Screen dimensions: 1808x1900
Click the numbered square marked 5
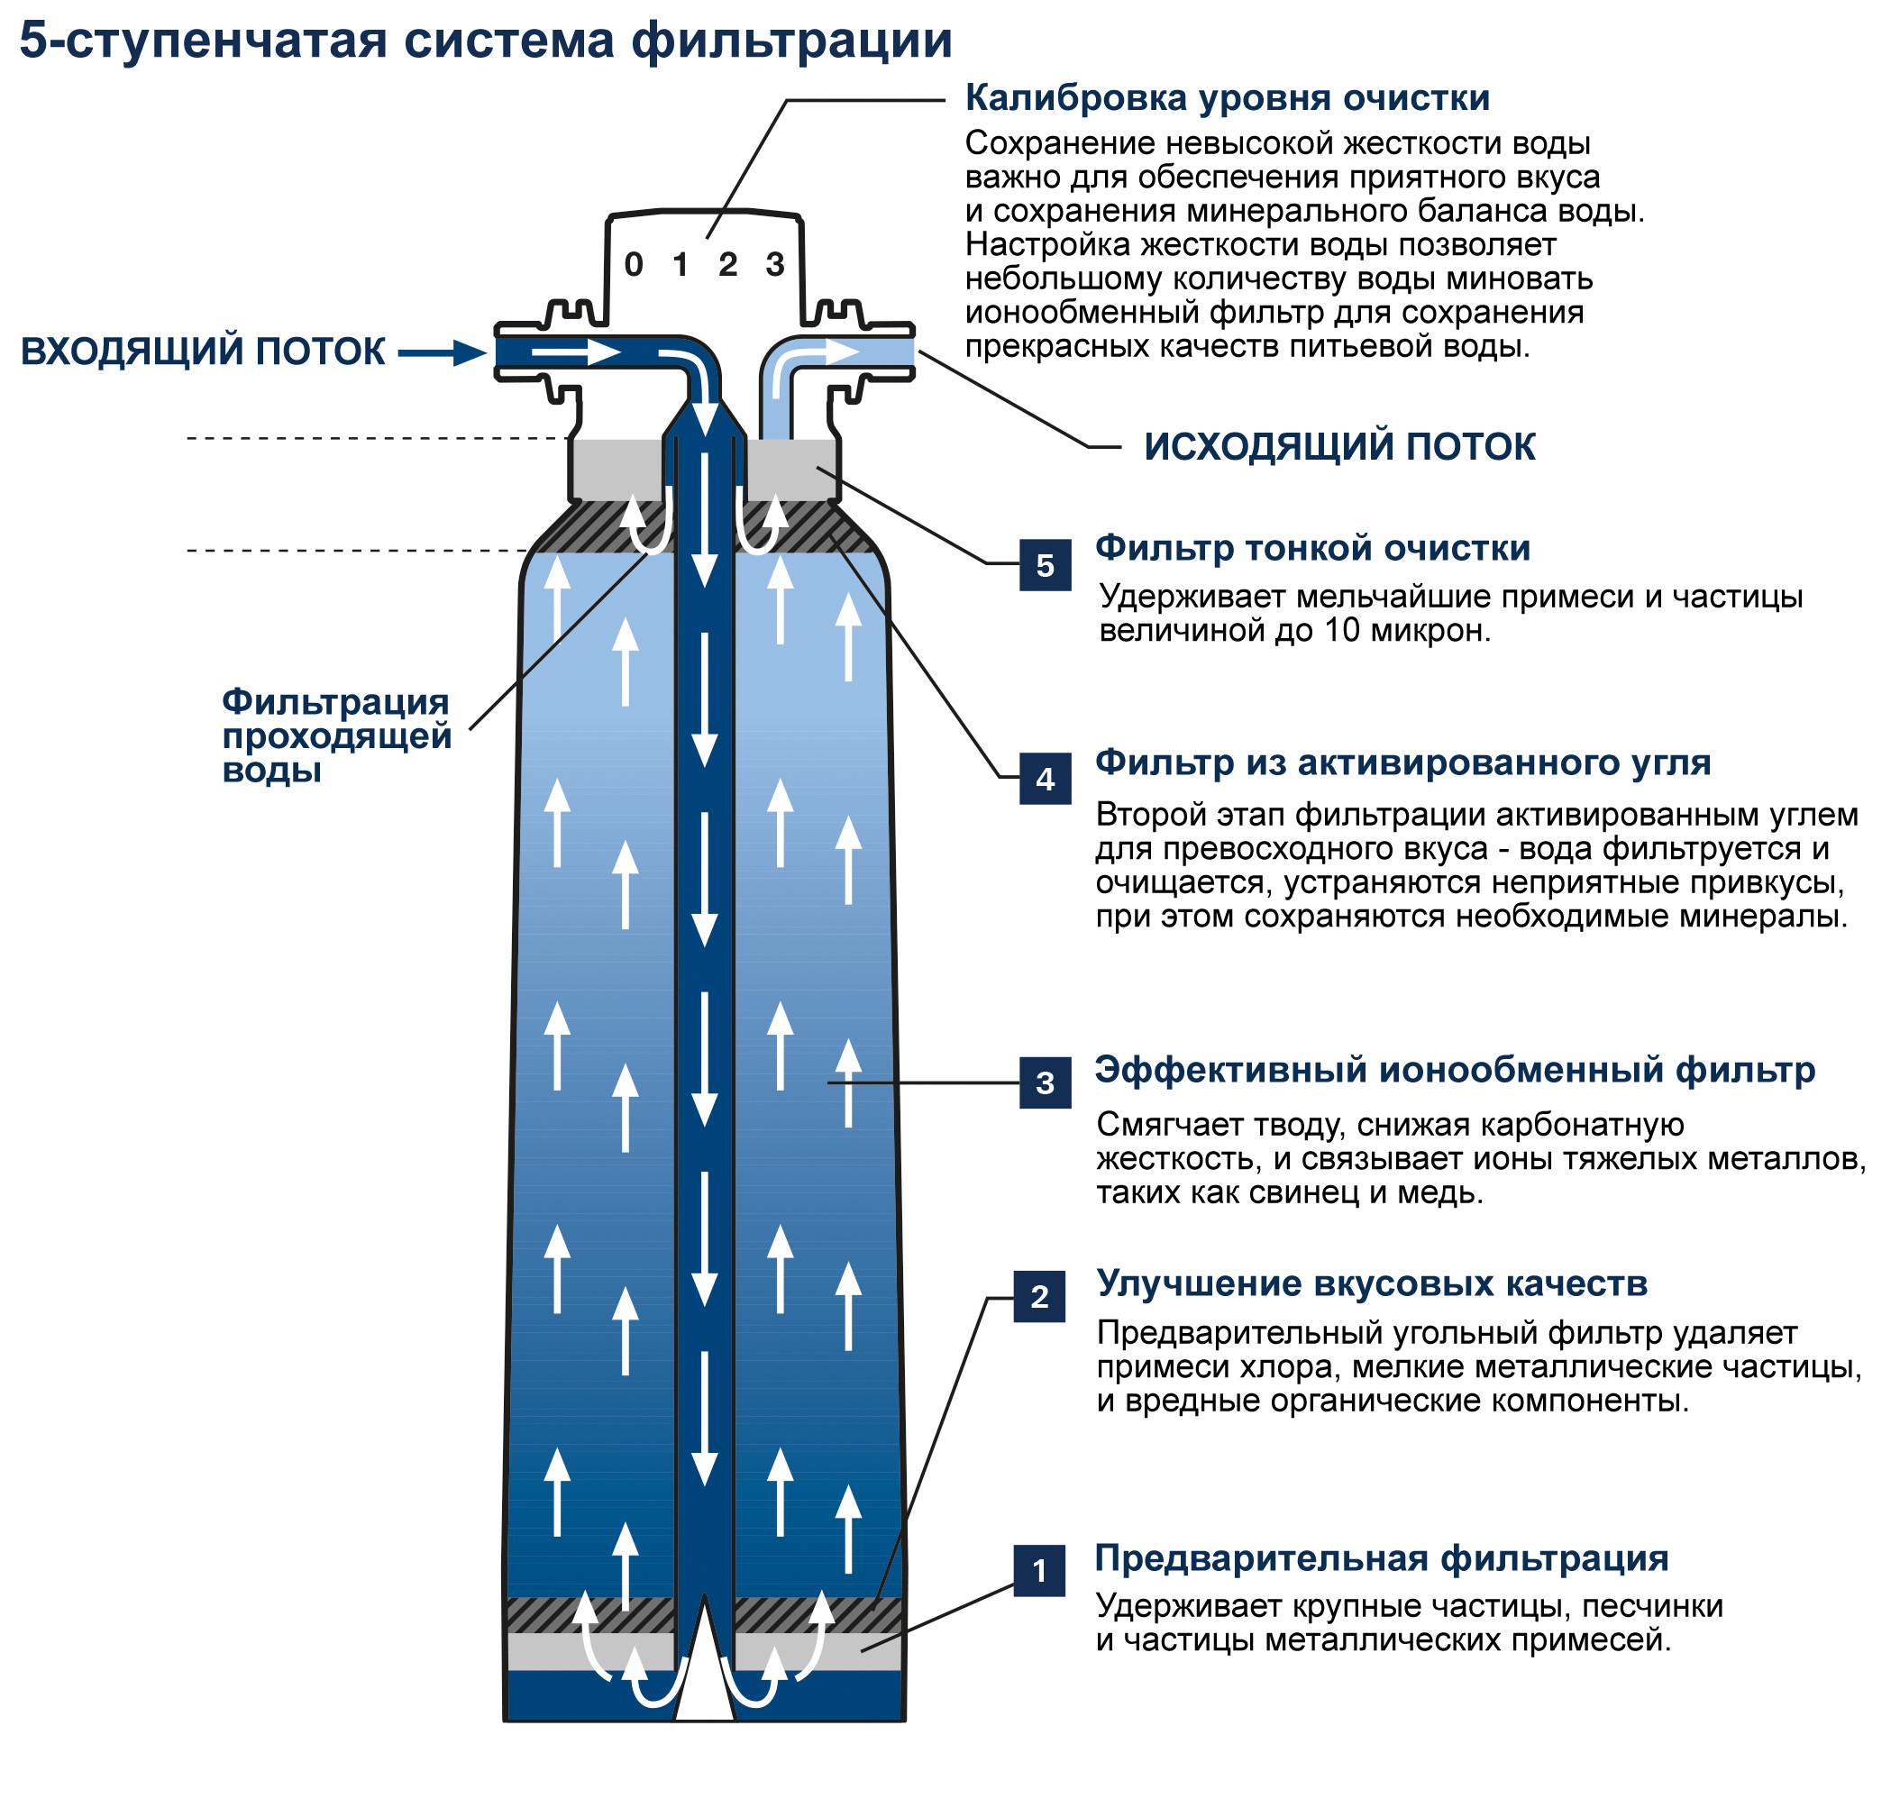(x=1045, y=565)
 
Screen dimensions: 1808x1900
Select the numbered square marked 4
(x=1045, y=779)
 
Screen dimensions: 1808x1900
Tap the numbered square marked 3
(x=1045, y=1082)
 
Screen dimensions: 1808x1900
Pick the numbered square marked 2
(x=1039, y=1296)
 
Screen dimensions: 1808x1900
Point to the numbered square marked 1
(x=1039, y=1571)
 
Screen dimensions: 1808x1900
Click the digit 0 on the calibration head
(x=634, y=264)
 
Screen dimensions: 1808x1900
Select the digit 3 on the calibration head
(x=775, y=264)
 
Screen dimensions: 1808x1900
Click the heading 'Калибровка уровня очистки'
(x=1227, y=98)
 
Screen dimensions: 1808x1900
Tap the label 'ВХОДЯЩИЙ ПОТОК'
(x=203, y=352)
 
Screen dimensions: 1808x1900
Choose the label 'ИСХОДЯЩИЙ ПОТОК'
(x=1339, y=447)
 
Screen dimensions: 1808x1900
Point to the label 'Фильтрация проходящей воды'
(x=335, y=735)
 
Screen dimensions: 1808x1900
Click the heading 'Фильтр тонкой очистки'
(x=1312, y=548)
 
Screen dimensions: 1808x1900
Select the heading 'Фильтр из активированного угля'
(x=1402, y=762)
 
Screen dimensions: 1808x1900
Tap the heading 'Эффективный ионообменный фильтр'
(x=1454, y=1070)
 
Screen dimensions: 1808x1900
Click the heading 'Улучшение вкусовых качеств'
(x=1372, y=1283)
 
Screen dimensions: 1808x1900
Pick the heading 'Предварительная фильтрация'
(x=1382, y=1558)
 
